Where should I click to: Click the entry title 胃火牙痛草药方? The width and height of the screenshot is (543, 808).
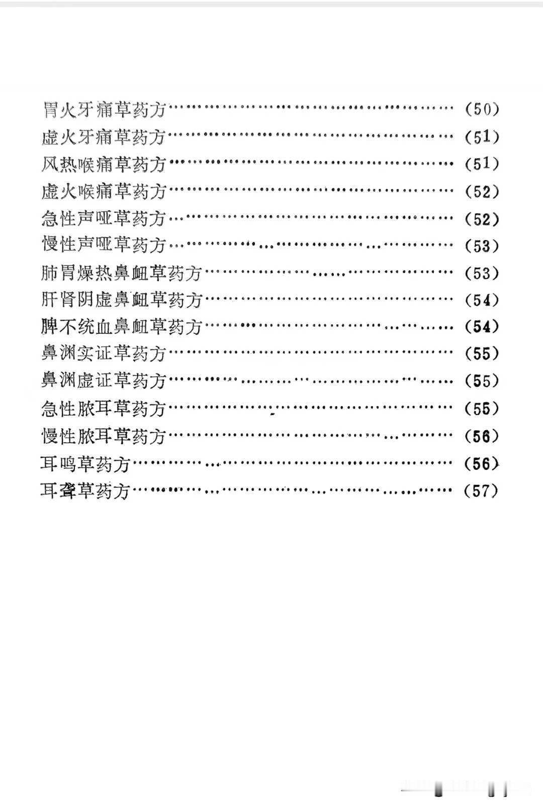tap(104, 109)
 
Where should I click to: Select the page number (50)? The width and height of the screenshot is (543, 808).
tap(482, 109)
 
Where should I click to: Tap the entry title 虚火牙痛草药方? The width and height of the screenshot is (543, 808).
tap(104, 137)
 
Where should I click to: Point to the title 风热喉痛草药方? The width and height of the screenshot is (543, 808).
tap(104, 164)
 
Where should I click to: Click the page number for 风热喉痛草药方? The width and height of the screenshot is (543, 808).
tap(482, 164)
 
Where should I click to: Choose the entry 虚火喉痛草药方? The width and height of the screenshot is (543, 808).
tap(104, 191)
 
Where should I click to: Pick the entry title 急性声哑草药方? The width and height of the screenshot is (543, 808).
tap(104, 219)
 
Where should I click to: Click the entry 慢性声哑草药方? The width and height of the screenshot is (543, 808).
tap(104, 246)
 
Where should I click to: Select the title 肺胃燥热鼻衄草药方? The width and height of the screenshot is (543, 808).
tap(122, 273)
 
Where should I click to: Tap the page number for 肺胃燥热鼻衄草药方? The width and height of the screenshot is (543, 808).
tap(482, 273)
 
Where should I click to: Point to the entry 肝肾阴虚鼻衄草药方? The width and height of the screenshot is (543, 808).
tap(122, 300)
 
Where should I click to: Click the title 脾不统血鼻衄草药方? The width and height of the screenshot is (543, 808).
tap(122, 327)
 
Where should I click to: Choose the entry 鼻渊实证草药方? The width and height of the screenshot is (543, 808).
tap(104, 354)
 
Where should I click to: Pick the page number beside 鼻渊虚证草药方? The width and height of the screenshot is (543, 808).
tap(482, 381)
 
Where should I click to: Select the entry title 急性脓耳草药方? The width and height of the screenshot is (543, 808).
tap(104, 409)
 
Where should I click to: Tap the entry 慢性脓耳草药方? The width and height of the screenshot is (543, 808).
tap(104, 436)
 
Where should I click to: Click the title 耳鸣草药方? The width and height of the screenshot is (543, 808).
tap(86, 463)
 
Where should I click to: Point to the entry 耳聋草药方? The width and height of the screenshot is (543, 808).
tap(86, 490)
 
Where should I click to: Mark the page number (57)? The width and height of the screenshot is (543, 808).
tap(482, 490)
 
